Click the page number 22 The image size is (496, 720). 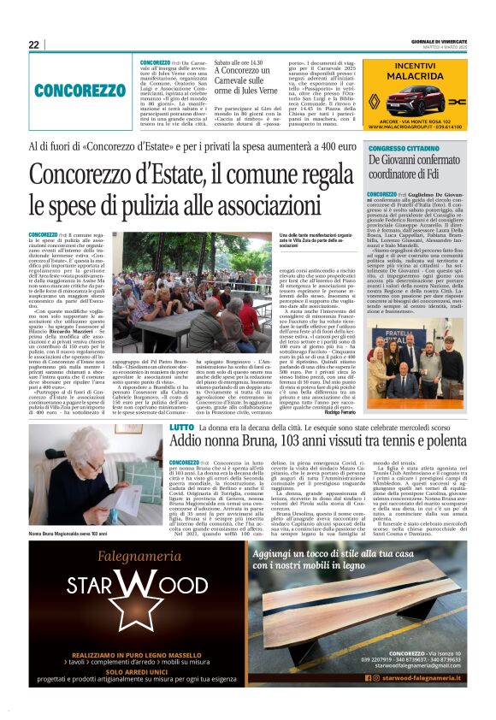tap(33, 44)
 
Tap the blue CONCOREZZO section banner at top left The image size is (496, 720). tap(80, 90)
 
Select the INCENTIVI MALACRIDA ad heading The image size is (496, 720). tap(415, 70)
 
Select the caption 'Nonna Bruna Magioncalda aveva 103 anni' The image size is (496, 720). tap(68, 534)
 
